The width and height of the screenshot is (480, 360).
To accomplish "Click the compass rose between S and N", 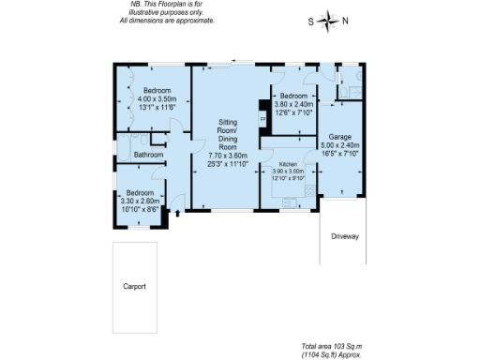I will [x=328, y=21].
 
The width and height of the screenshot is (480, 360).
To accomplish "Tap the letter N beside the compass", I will [x=345, y=21].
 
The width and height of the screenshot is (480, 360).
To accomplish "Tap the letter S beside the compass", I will [x=311, y=21].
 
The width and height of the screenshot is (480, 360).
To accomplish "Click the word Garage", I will [x=339, y=137].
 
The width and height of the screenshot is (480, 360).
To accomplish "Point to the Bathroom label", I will [x=147, y=155].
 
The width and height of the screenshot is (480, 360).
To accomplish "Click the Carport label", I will [x=134, y=286].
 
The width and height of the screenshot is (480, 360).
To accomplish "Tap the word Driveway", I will [x=344, y=236].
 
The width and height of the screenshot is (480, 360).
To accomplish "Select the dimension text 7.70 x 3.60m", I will [x=227, y=156].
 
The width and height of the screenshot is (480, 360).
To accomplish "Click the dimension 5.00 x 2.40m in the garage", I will [x=340, y=145].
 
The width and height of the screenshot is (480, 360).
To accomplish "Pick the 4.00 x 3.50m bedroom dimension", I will [x=157, y=98].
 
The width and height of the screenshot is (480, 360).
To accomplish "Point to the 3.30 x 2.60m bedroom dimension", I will [x=140, y=201].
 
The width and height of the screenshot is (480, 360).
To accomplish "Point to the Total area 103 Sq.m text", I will [x=334, y=346].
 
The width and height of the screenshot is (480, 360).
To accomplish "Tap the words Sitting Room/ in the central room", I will [x=228, y=126].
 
